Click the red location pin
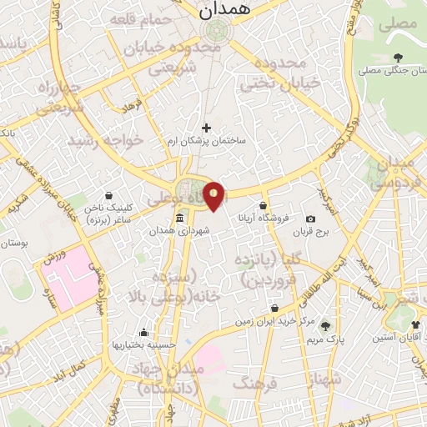pos(214,195)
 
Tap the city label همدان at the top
pos(219,10)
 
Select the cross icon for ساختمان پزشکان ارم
pos(207,128)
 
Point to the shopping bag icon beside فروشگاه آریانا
pos(264,205)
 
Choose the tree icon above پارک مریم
pos(325,326)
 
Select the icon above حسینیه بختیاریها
pos(144,332)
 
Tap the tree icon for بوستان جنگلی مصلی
pos(396,58)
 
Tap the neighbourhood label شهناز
pos(324,379)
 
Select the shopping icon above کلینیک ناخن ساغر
pos(108,196)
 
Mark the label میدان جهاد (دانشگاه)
pos(169,378)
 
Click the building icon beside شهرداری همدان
pos(180,219)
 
